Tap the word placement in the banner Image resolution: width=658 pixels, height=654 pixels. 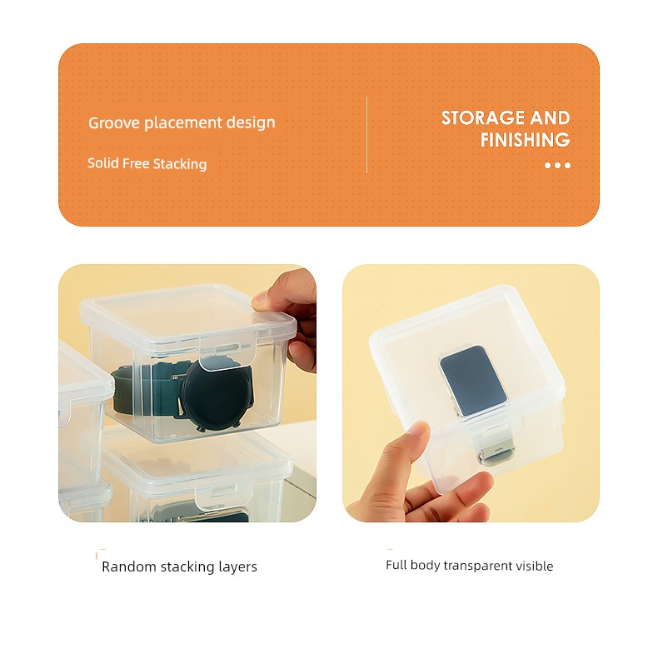coord(183,123)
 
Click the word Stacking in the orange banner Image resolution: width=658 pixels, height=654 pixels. coord(180,164)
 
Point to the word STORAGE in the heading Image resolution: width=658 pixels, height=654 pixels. coord(483,118)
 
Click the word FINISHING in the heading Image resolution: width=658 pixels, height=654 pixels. coord(525,140)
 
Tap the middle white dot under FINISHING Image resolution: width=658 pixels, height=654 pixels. coord(557,166)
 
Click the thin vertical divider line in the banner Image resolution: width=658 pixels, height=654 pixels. coord(366,135)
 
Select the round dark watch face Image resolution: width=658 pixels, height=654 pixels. coord(217,394)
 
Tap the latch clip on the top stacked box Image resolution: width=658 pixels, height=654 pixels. coord(229,352)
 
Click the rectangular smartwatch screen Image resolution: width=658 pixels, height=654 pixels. coord(473,381)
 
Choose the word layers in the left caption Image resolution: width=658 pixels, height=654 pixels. coord(237,567)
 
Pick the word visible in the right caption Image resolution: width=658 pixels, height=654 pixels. coord(534,566)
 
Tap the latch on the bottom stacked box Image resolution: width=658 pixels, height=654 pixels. coord(223,493)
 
